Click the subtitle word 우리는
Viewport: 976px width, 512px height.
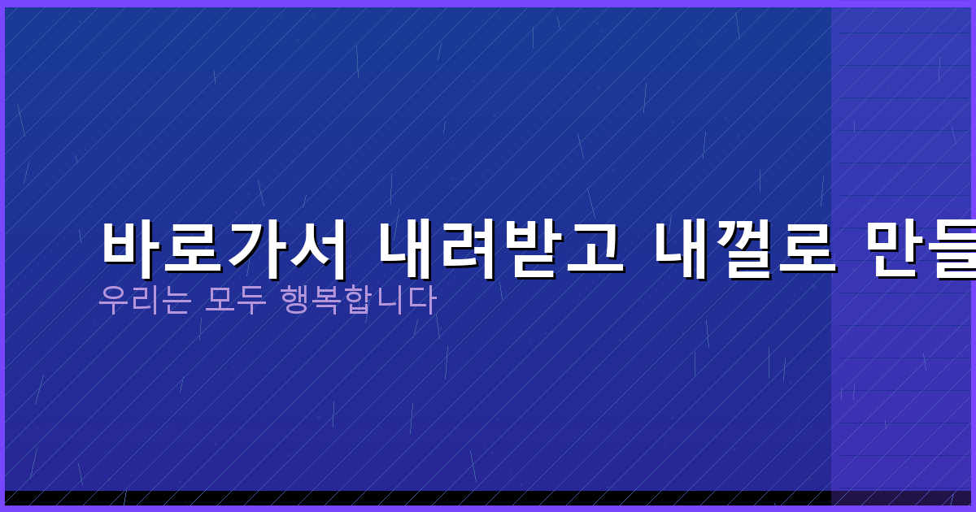pos(144,301)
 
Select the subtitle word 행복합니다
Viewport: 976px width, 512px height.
pos(358,301)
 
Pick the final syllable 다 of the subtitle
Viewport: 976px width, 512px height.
pos(422,301)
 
